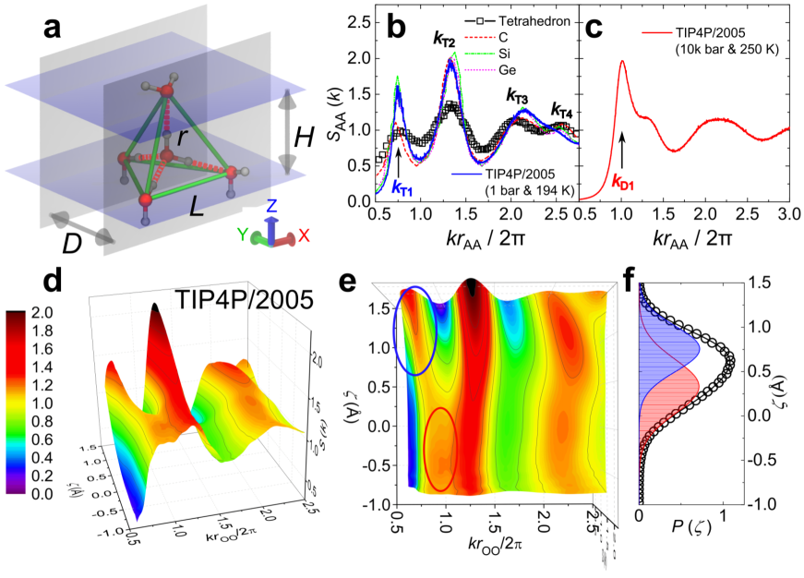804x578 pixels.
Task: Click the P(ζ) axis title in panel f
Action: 684,540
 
